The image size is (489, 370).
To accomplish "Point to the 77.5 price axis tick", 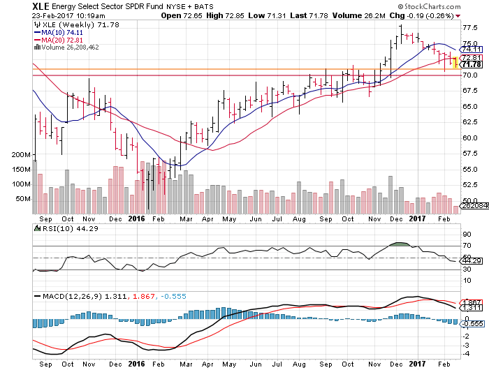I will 469,28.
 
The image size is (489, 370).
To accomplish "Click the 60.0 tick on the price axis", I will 469,138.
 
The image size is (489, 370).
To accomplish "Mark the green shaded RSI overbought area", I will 400,244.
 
